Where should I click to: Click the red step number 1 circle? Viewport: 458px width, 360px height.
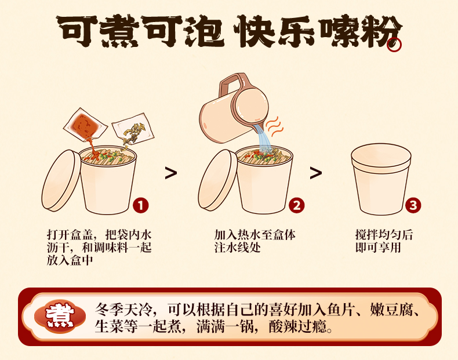pyautogui.click(x=141, y=205)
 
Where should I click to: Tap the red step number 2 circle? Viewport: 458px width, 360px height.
pyautogui.click(x=296, y=205)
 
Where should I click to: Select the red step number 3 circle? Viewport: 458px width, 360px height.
pyautogui.click(x=413, y=205)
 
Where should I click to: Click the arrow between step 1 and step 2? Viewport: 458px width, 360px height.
pyautogui.click(x=171, y=173)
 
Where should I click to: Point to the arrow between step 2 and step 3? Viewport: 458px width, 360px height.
pyautogui.click(x=316, y=173)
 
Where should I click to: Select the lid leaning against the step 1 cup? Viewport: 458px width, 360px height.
pyautogui.click(x=61, y=181)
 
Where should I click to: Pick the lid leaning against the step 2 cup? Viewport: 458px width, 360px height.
pyautogui.click(x=217, y=181)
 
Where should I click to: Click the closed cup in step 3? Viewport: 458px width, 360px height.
pyautogui.click(x=381, y=179)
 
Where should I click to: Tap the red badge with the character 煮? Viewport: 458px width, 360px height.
pyautogui.click(x=60, y=317)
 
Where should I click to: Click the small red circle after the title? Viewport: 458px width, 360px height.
pyautogui.click(x=394, y=45)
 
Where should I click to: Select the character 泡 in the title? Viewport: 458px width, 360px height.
pyautogui.click(x=204, y=31)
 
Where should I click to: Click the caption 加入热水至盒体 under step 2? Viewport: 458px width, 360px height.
pyautogui.click(x=255, y=235)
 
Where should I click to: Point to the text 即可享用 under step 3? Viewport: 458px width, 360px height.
pyautogui.click(x=378, y=248)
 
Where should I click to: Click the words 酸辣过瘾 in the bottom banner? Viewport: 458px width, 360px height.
pyautogui.click(x=297, y=326)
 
